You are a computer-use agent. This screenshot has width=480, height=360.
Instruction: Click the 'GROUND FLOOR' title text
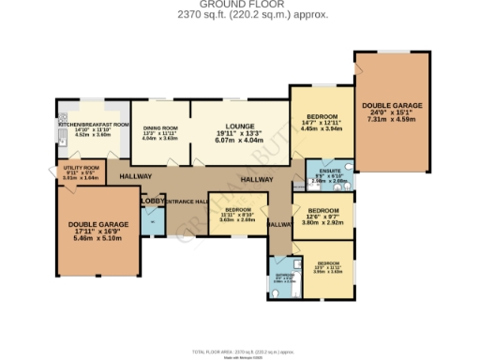(239, 5)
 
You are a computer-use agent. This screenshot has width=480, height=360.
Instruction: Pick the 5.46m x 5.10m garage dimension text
(97, 238)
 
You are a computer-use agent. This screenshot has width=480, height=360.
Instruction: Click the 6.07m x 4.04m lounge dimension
(239, 142)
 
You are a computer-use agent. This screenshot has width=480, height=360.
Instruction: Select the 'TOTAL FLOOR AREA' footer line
(239, 352)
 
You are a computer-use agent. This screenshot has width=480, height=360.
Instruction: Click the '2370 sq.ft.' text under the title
(217, 15)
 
